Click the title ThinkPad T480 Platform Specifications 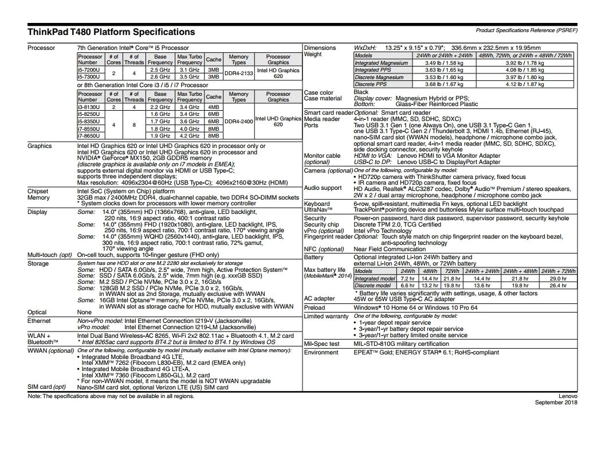[x=111, y=32]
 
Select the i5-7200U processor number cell [x=90, y=69]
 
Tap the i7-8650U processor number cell [x=90, y=135]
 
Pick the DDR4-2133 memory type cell [x=238, y=73]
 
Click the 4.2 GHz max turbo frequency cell [x=188, y=135]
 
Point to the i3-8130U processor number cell [x=90, y=107]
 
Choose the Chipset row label [x=38, y=191]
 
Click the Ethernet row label [x=39, y=321]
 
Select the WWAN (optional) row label [x=51, y=350]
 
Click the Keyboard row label [x=317, y=204]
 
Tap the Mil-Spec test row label [x=321, y=344]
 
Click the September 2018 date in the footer [x=556, y=403]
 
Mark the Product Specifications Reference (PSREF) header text [x=527, y=29]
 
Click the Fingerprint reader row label [x=328, y=237]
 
